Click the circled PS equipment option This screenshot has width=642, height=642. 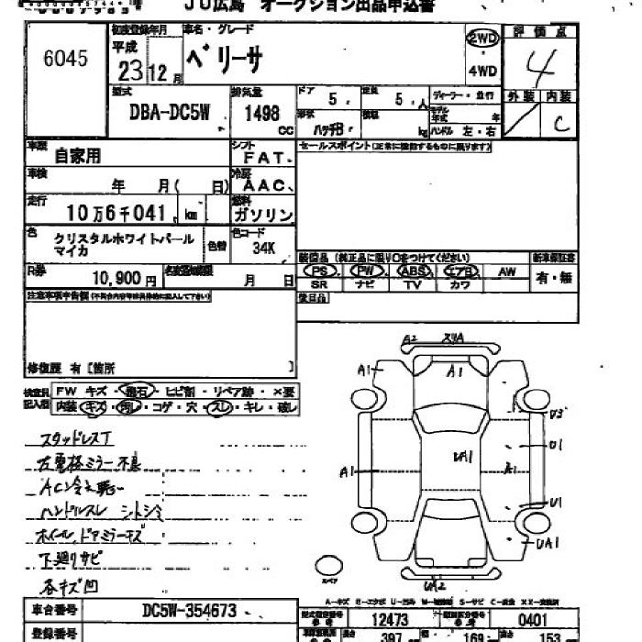pyautogui.click(x=320, y=271)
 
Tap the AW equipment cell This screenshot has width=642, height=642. pyautogui.click(x=506, y=271)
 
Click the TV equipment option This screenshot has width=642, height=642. pyautogui.click(x=414, y=286)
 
